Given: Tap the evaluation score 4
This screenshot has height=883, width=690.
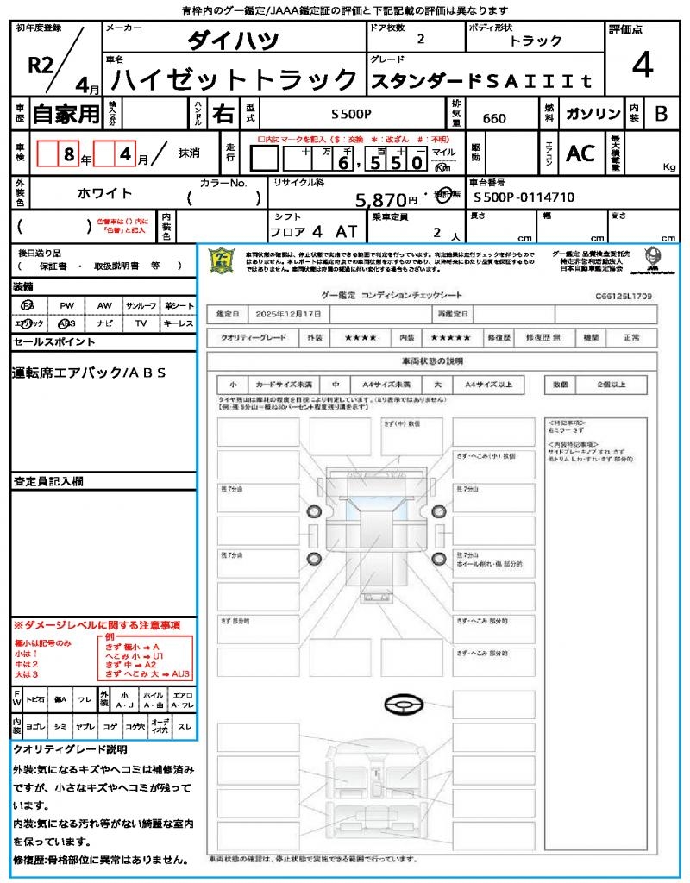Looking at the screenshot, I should click(641, 66).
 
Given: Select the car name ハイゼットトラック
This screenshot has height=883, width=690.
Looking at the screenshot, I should click(235, 80).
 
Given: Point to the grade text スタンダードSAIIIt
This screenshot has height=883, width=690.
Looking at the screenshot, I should click(481, 82).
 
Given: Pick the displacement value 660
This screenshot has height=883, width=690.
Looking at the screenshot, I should click(494, 118).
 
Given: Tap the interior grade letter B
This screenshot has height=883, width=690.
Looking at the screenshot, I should click(661, 114).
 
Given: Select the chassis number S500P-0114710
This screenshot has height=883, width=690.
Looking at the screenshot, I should click(524, 197).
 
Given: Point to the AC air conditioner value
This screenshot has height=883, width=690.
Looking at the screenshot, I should click(580, 153).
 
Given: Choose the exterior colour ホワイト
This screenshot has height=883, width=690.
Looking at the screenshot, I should click(106, 193).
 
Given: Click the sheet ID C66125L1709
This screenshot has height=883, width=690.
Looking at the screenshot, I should click(623, 296).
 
